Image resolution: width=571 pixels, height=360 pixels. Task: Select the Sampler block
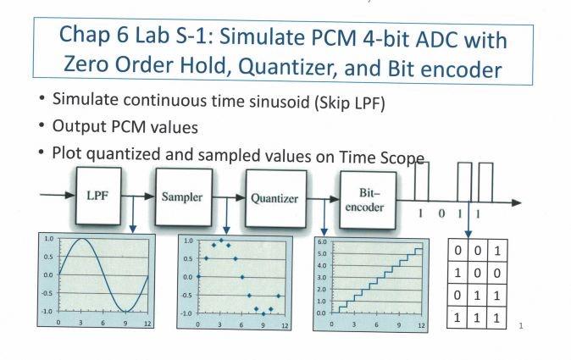point(183,197)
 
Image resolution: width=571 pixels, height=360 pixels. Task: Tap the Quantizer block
point(275,199)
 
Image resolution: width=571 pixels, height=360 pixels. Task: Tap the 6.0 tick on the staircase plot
point(322,242)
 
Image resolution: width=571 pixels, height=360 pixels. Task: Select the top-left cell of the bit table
point(458,252)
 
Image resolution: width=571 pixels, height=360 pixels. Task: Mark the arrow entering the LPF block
point(56,196)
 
